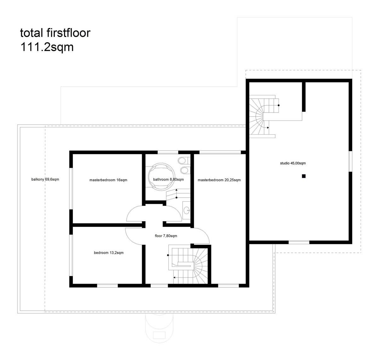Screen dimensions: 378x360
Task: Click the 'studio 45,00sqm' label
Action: (x=293, y=163)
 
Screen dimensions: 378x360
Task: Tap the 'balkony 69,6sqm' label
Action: (x=45, y=179)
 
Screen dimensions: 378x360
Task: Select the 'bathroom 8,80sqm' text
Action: (x=169, y=179)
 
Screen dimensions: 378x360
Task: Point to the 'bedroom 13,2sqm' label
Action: (x=109, y=253)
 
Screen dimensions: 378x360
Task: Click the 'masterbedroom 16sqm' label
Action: (x=108, y=180)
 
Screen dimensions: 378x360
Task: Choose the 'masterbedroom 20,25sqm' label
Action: (x=219, y=180)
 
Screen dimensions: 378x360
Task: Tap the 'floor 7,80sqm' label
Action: (x=166, y=236)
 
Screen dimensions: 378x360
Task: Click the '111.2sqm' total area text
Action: (x=47, y=47)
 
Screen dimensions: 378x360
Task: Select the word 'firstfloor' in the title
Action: (x=68, y=33)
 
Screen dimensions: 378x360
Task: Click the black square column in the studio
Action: (x=304, y=176)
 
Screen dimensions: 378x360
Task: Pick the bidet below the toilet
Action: (x=184, y=170)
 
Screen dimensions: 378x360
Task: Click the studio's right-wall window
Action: (x=350, y=161)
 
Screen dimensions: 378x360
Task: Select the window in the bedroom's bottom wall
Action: (x=107, y=286)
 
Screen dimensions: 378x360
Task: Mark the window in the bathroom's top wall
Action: (x=168, y=152)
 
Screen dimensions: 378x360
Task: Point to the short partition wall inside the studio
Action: (x=304, y=97)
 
